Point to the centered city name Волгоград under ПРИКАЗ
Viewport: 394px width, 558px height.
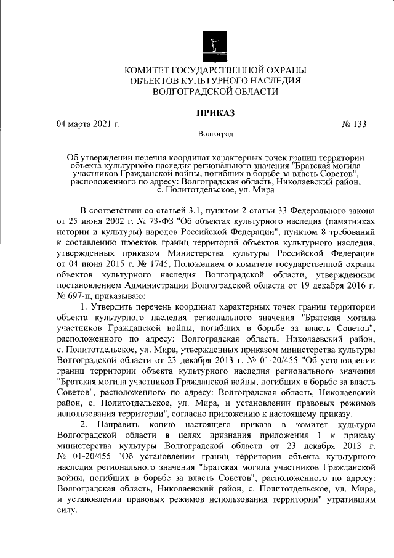point(215,134)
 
